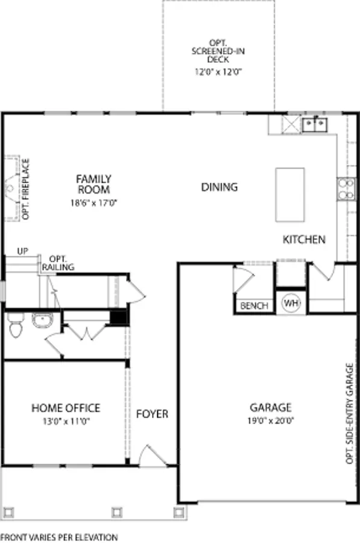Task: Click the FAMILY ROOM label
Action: (x=94, y=184)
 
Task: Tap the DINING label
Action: (x=219, y=188)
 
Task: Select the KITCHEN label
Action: (x=304, y=240)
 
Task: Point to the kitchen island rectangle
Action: (x=290, y=195)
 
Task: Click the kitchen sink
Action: (x=315, y=125)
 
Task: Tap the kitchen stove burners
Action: (x=346, y=189)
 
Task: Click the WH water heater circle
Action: (x=291, y=303)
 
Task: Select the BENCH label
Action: (x=254, y=306)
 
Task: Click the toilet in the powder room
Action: (x=15, y=325)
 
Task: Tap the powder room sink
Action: (x=42, y=320)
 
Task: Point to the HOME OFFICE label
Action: (x=66, y=408)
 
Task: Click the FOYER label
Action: (x=152, y=414)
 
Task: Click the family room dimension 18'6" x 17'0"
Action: (x=94, y=203)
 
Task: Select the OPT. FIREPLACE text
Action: (x=25, y=189)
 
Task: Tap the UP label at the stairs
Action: (x=22, y=251)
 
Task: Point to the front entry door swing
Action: (x=153, y=455)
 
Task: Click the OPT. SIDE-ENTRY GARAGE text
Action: (x=350, y=413)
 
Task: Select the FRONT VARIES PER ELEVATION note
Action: (x=59, y=537)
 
